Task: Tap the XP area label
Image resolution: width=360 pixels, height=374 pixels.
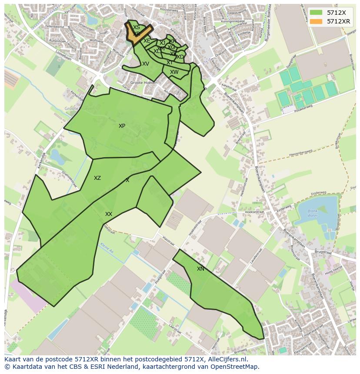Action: [122, 126]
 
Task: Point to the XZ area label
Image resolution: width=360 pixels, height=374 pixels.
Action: [97, 178]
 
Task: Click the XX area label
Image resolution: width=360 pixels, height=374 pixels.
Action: [109, 214]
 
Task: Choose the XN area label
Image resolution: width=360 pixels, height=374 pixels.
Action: [200, 269]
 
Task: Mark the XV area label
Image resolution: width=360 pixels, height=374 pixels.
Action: [146, 64]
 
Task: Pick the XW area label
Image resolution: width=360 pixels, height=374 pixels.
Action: [174, 72]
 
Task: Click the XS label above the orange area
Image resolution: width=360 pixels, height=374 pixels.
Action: [137, 27]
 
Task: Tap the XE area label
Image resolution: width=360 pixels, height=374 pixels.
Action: [147, 41]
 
